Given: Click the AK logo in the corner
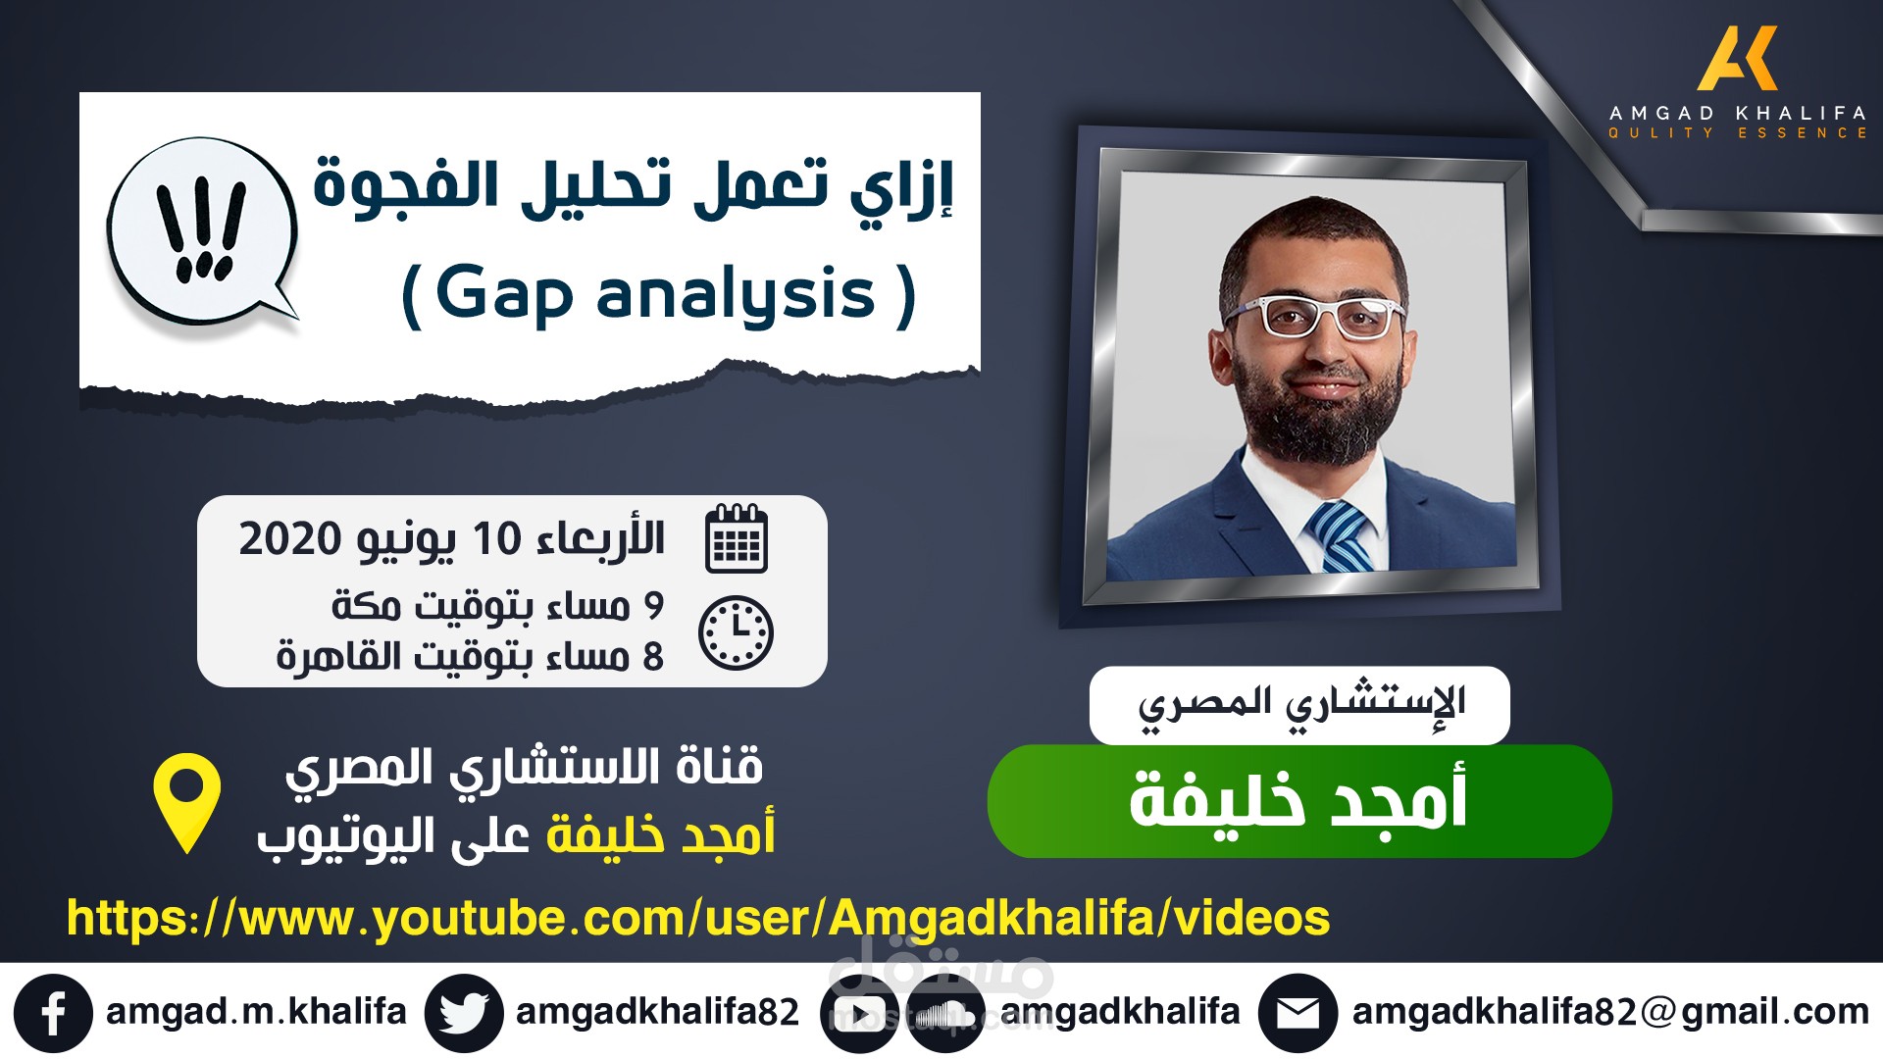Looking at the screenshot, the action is point(1737,59).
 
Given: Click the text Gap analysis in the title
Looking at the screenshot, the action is point(656,294).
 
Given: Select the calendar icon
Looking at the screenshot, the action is point(737,537).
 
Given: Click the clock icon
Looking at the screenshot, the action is point(736,632).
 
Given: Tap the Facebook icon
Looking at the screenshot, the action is point(53,1013).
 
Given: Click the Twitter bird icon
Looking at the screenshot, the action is point(464,1013).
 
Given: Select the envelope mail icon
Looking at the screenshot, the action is point(1298,1013).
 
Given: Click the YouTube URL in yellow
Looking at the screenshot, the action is point(698,919).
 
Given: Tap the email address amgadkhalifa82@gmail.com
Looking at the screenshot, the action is point(1610,1012).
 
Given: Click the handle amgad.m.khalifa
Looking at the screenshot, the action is point(256,1011).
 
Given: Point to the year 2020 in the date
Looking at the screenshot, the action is point(289,539).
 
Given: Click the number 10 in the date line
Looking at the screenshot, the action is point(496,539).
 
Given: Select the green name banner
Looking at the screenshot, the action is point(1299,801).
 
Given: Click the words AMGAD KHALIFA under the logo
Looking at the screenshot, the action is point(1737,113).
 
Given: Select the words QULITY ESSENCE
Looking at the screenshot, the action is point(1737,133).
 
